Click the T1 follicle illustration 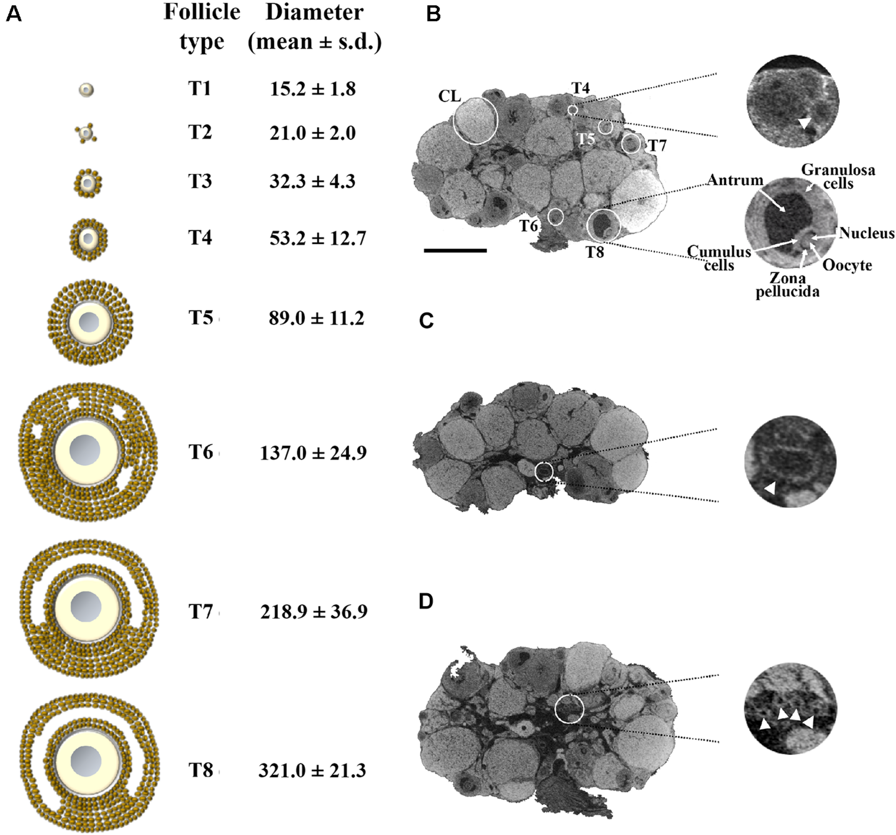tap(86, 90)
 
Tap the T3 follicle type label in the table tap(200, 181)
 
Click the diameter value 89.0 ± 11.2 tap(316, 318)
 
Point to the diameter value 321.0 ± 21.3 tap(312, 770)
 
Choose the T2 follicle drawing tap(86, 133)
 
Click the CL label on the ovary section tap(450, 96)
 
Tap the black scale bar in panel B tap(455, 250)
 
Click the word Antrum tap(735, 180)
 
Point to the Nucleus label tap(866, 233)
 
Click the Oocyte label tap(847, 265)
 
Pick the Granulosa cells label tap(838, 176)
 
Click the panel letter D tap(426, 602)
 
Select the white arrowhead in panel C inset tap(770, 488)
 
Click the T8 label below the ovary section tap(595, 252)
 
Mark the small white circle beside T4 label tap(573, 110)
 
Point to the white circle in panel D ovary tap(569, 708)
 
